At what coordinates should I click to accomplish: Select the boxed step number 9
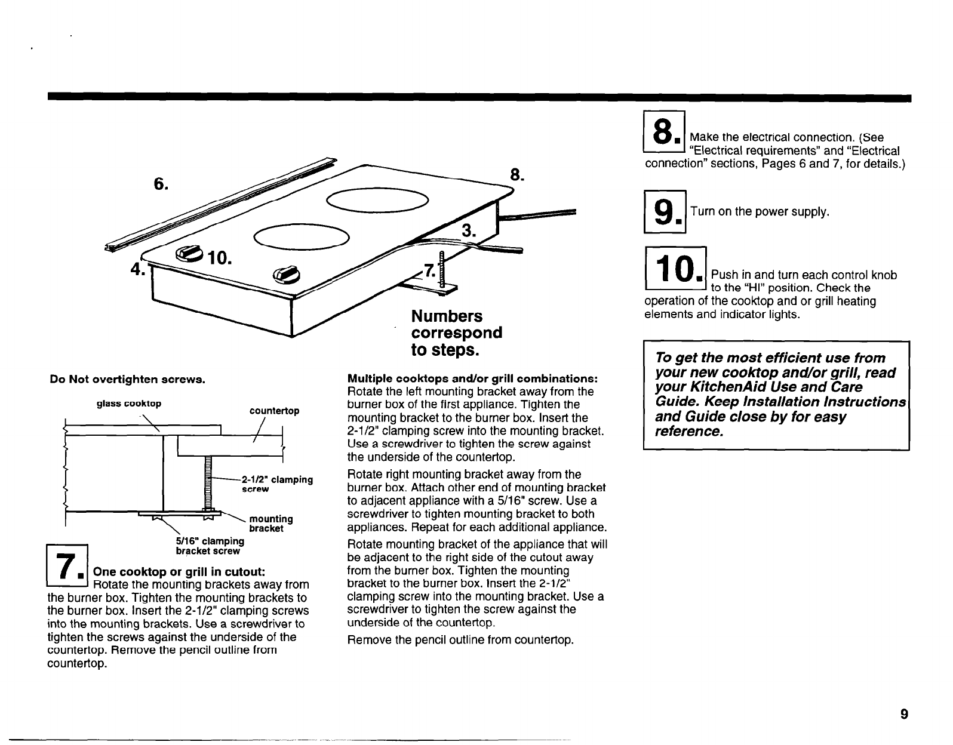point(665,212)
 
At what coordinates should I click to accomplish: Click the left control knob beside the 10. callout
point(187,254)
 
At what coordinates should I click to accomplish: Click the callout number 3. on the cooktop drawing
point(468,231)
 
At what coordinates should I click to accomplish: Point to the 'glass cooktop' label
point(129,404)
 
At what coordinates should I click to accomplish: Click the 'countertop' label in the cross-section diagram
point(274,411)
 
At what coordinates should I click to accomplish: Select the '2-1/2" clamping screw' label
point(276,484)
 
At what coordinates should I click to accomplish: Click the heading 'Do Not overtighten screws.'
point(128,379)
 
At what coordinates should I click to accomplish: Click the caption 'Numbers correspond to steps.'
point(457,332)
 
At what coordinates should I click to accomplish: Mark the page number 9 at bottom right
point(904,714)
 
